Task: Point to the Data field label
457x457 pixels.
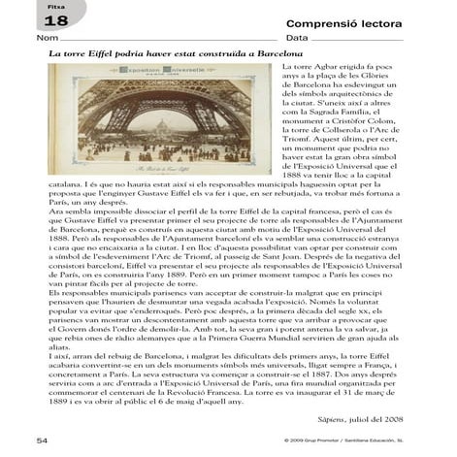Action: (296, 38)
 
